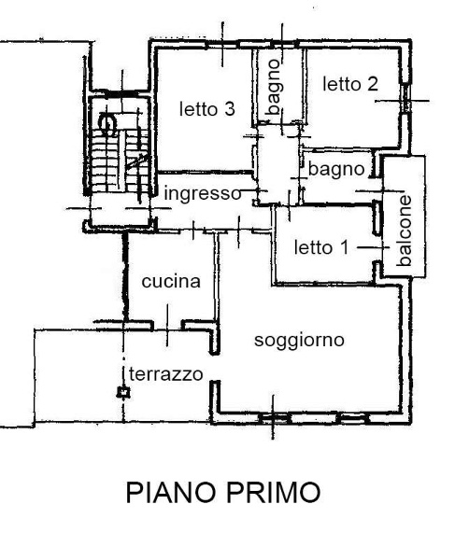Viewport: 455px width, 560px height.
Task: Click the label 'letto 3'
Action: (x=206, y=109)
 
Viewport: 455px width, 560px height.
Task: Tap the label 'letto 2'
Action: (x=350, y=84)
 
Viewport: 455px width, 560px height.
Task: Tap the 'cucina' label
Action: (x=172, y=281)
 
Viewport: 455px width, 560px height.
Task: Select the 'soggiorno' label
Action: (x=300, y=340)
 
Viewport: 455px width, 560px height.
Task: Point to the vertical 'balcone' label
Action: (x=405, y=231)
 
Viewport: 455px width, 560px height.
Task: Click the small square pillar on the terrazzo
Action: (x=122, y=393)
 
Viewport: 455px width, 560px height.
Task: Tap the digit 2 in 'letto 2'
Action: (x=374, y=84)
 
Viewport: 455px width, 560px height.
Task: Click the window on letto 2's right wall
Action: (x=406, y=102)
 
